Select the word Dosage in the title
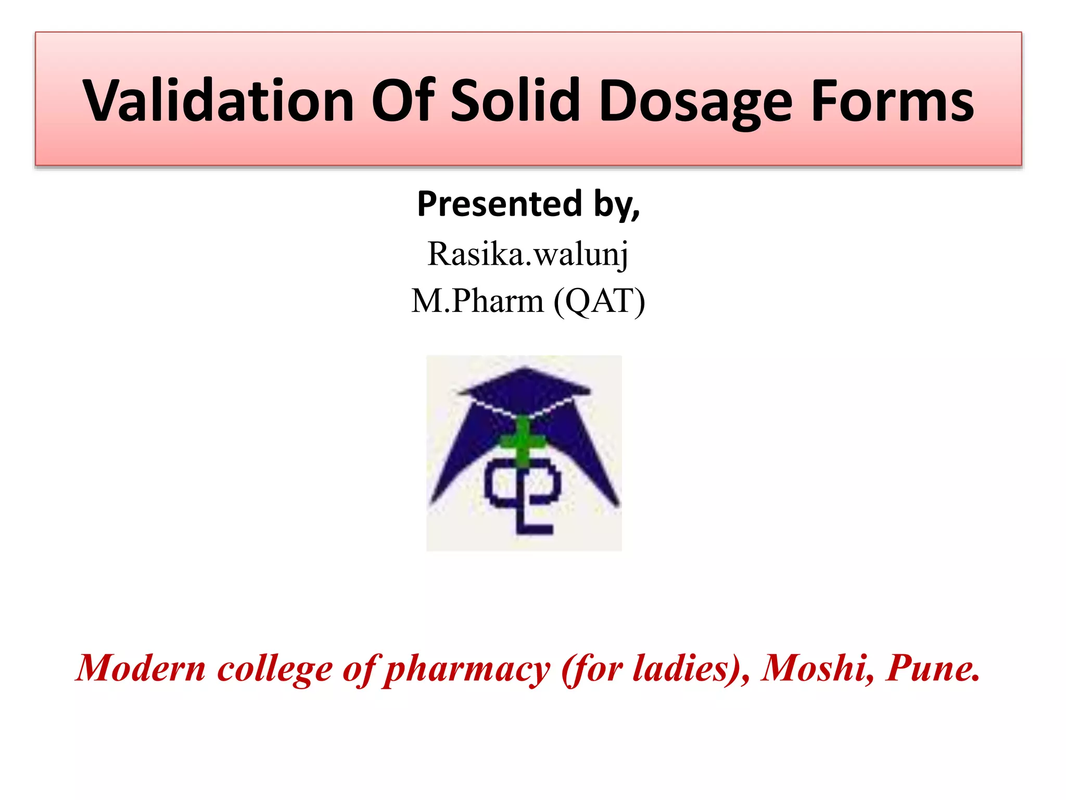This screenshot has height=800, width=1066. tap(695, 102)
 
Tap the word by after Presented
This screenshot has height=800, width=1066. tap(616, 204)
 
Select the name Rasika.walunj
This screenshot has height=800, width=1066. tap(528, 254)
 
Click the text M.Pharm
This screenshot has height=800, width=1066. tap(477, 301)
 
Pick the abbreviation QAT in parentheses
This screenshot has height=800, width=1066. tap(599, 301)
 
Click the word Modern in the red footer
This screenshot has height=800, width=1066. tap(141, 668)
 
